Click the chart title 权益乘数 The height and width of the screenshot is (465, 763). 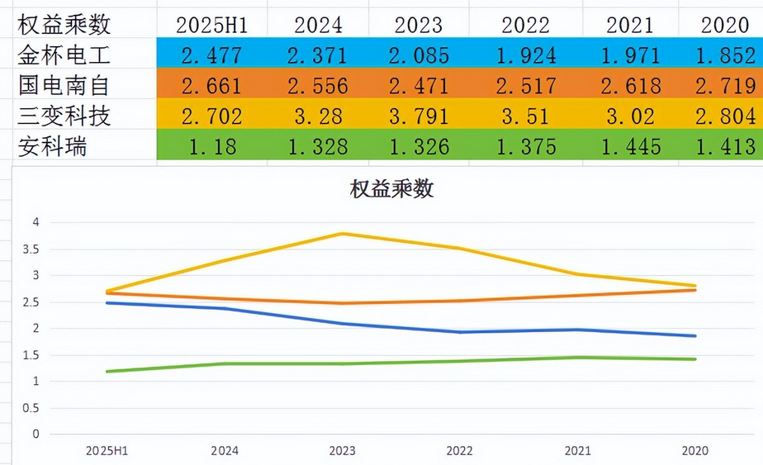pos(391,189)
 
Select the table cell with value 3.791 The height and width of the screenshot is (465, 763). pos(419,116)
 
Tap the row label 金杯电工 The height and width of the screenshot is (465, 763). pos(64,56)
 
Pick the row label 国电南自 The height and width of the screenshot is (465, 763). pos(64,86)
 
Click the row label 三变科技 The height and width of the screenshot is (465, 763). pos(64,116)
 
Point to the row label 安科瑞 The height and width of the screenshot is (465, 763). pos(53,147)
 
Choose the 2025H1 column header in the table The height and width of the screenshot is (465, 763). pos(212,25)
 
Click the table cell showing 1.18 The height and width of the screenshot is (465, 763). pos(212,147)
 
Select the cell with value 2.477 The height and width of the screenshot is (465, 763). pos(212,56)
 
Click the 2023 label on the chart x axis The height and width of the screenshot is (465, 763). pos(342,451)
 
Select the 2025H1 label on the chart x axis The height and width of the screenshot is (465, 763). pos(107,451)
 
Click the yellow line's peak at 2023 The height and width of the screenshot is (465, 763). pos(342,234)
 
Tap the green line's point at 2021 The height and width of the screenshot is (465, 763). pos(577,358)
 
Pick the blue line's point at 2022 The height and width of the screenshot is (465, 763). pos(460,332)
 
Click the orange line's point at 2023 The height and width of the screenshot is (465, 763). pos(342,303)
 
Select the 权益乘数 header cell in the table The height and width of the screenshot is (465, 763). pos(64,25)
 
